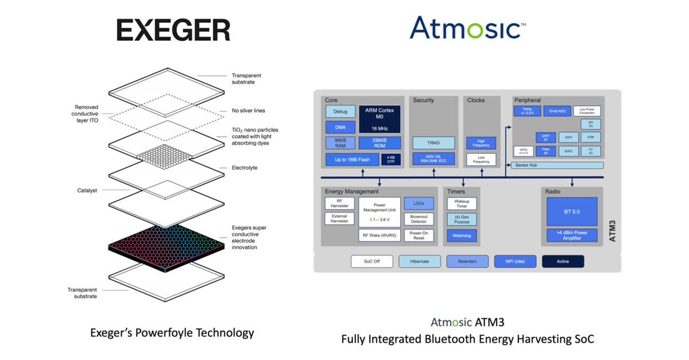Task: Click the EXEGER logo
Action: coord(173,30)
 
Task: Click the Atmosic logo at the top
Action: coord(467,28)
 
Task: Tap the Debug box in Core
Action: coord(340,111)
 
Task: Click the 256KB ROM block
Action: coord(380,143)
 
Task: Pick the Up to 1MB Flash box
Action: coord(352,160)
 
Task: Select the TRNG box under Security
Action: coord(433,143)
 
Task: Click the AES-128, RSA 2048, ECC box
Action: coord(433,159)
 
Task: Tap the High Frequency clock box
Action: coord(481,143)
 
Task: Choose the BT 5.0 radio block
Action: coord(571,211)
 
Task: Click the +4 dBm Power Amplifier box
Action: coord(571,235)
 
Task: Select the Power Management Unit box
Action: coord(380,212)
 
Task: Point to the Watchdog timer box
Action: coord(462,235)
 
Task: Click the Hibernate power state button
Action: coord(420,261)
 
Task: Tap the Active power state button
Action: coord(563,261)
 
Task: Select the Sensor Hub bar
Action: coord(556,165)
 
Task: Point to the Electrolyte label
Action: coord(245,168)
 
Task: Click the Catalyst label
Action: coord(87,190)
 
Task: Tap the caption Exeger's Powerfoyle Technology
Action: coord(172,332)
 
